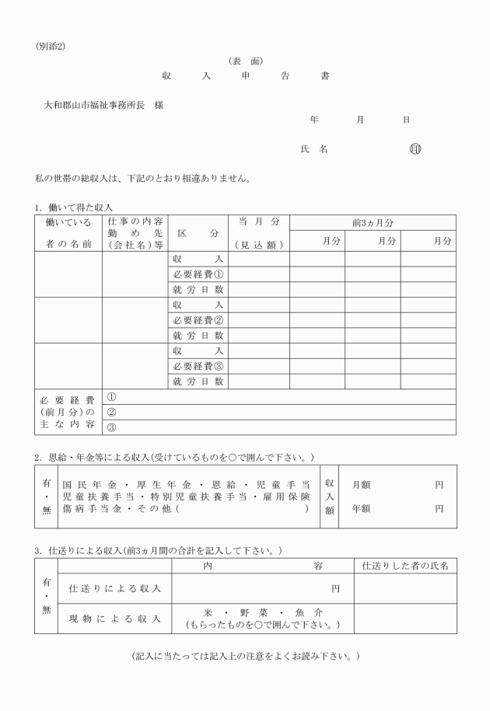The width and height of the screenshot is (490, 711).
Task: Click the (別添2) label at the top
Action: point(51,47)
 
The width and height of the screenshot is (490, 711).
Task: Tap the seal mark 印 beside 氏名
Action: point(414,148)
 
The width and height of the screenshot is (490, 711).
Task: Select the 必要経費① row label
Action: point(198,274)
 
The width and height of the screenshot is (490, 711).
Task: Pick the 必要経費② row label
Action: point(198,320)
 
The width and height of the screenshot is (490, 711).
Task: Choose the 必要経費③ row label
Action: point(198,366)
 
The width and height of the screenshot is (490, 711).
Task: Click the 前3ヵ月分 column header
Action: point(373,222)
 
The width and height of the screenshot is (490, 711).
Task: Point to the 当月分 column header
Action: point(258,222)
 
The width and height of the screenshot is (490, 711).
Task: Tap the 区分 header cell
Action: point(198,233)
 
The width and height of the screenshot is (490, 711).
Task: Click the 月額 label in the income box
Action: point(360,484)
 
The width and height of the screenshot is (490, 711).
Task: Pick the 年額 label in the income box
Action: point(360,509)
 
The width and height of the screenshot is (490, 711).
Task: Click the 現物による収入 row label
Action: point(115,619)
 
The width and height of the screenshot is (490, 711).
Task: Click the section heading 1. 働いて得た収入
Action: point(74,207)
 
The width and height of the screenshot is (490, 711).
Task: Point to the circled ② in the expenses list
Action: point(111,412)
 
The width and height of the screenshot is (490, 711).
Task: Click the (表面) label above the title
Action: point(245,61)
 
